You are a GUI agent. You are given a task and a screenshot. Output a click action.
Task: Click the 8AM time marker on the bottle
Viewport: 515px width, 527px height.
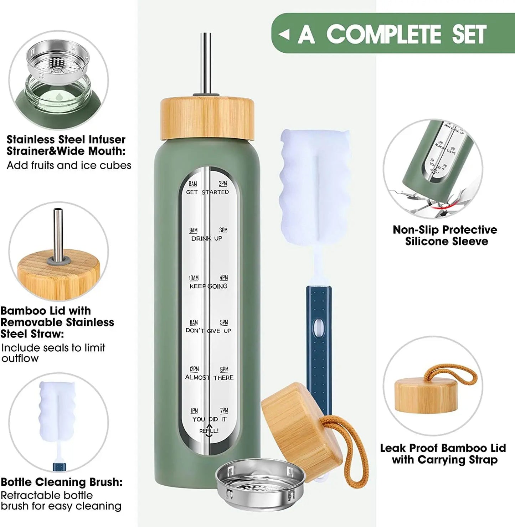click(x=192, y=184)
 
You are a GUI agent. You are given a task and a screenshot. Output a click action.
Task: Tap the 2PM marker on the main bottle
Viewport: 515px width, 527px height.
click(x=223, y=184)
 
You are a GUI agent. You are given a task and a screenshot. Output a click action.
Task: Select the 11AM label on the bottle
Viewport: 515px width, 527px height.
click(x=194, y=322)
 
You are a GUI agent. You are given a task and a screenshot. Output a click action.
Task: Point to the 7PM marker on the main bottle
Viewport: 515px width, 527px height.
click(x=224, y=410)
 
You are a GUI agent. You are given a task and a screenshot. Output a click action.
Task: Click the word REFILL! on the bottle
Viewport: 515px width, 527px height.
click(x=209, y=431)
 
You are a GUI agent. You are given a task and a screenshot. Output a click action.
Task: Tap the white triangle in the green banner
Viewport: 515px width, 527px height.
click(x=284, y=34)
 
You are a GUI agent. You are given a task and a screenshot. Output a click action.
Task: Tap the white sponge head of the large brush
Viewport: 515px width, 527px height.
click(x=314, y=185)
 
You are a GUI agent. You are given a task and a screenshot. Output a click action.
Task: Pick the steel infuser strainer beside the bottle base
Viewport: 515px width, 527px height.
click(x=260, y=485)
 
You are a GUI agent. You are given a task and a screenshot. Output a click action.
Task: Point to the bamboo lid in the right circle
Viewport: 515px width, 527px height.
click(x=426, y=396)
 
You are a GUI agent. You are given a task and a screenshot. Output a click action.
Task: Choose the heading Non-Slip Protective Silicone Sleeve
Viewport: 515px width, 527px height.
click(x=445, y=236)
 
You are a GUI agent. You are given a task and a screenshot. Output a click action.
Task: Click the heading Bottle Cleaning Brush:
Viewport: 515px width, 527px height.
click(x=62, y=482)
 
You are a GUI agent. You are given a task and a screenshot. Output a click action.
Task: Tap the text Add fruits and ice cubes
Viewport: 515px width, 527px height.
click(x=69, y=165)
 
